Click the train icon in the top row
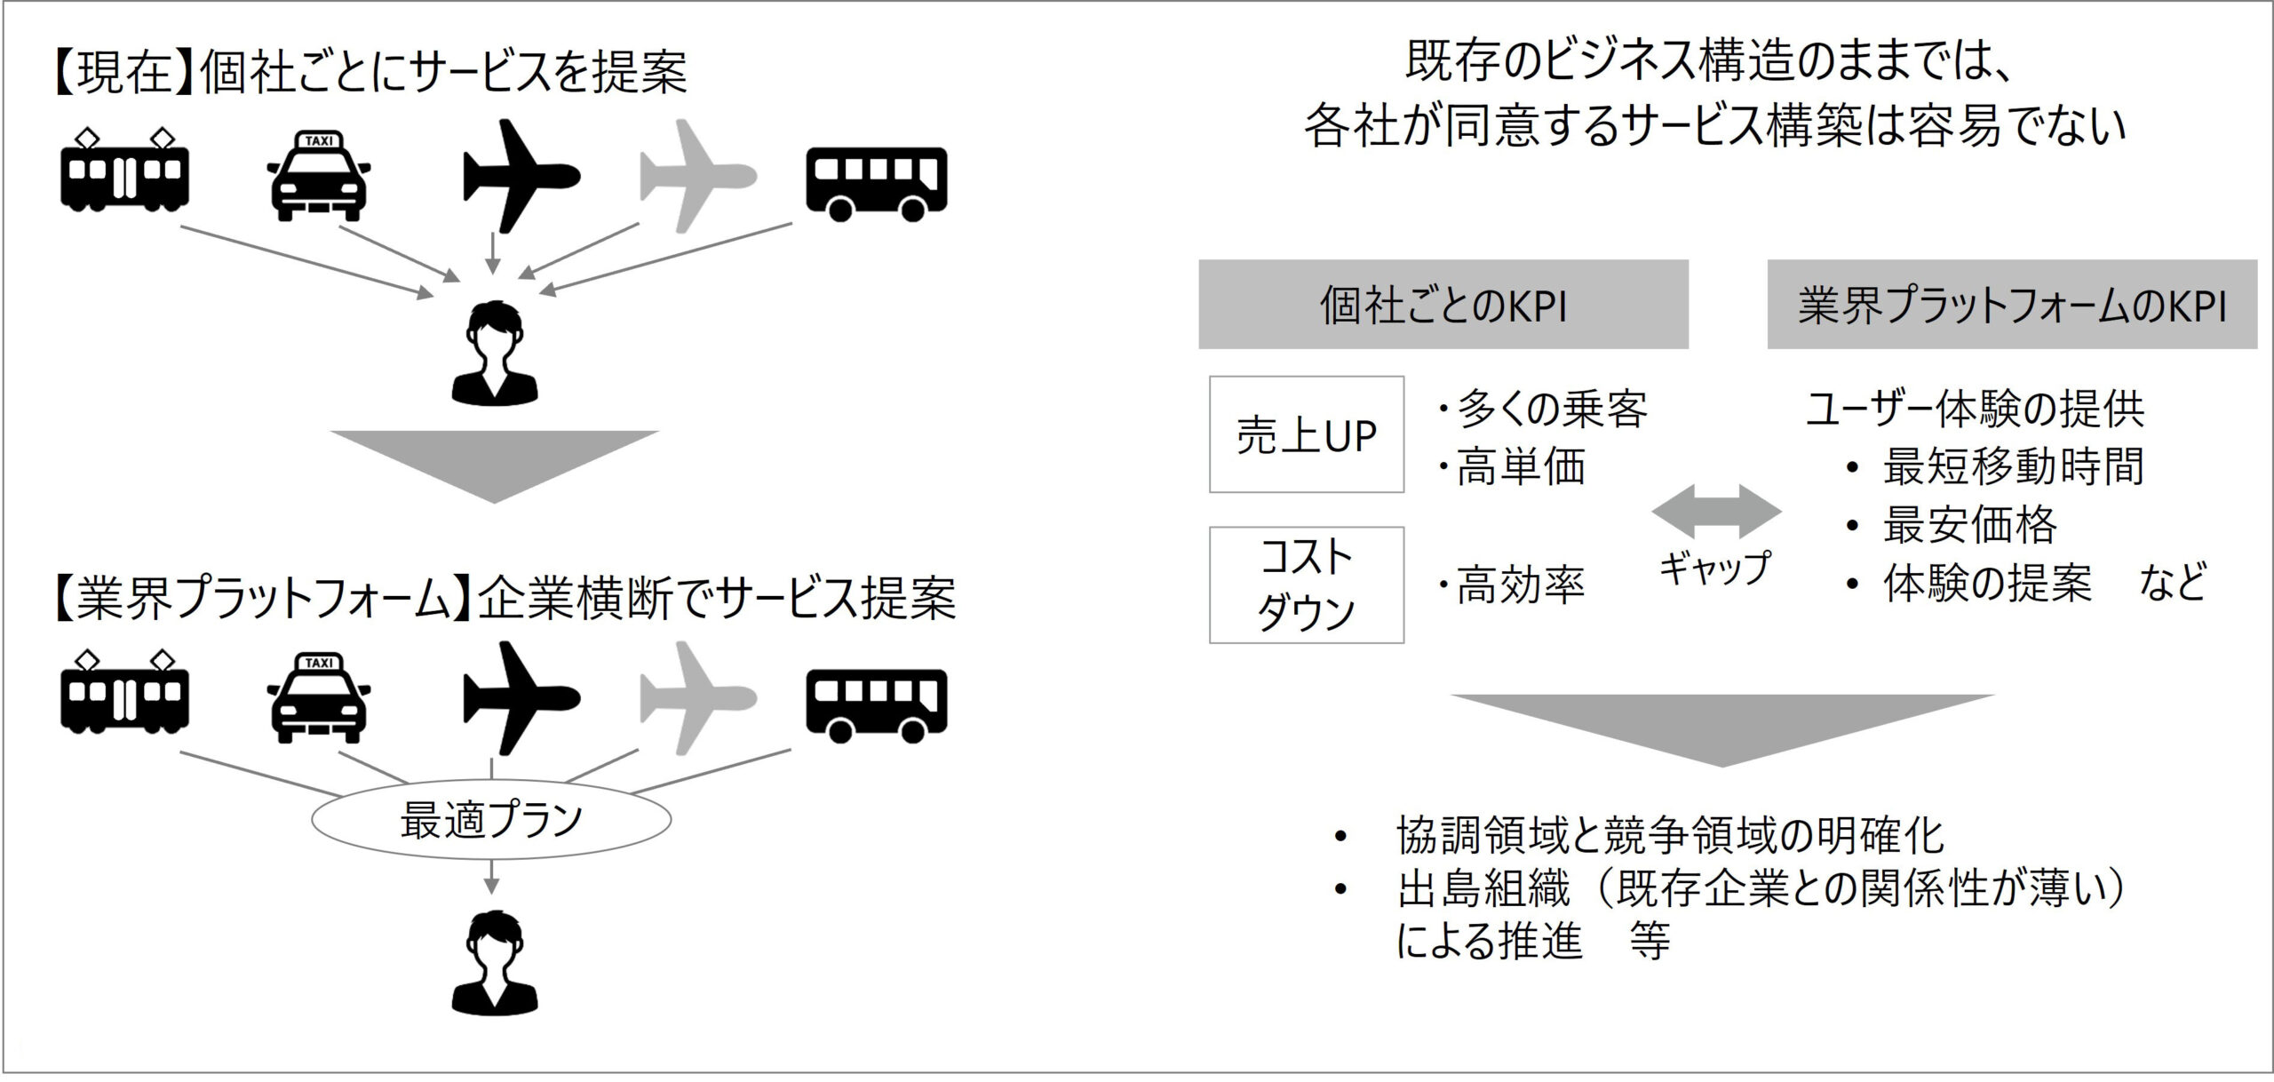124,174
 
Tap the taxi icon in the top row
319,178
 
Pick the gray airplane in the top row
697,176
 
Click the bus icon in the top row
876,183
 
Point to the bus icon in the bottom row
876,705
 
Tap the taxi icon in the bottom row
319,700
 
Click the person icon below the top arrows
494,354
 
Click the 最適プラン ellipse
490,820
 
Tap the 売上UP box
1306,434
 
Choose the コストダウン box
1306,585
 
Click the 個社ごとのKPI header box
1443,305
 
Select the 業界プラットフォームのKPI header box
2011,305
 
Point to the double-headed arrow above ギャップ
1716,512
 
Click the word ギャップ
1714,568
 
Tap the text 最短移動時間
2013,465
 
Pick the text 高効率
1520,585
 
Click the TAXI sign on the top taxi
319,140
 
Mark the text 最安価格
1969,524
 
